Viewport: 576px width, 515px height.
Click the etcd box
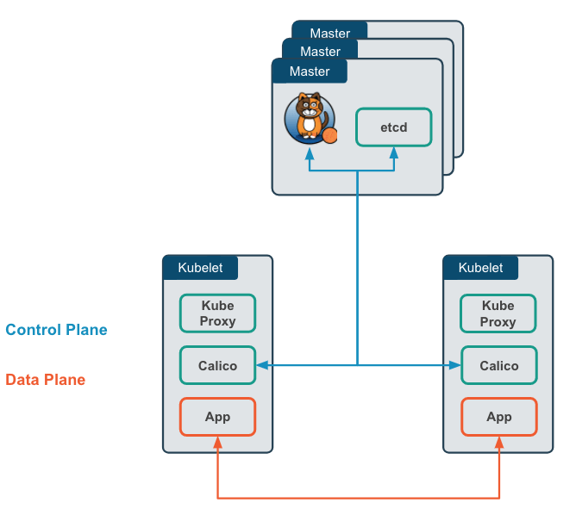pos(393,127)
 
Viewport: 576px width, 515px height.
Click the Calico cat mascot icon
pos(310,118)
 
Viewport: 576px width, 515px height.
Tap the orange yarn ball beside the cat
pos(330,135)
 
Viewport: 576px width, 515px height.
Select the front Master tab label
pos(310,71)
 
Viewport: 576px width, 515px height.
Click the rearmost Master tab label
pos(330,33)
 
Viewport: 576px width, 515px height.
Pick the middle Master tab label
pos(320,52)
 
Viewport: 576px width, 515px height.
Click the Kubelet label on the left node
pos(200,268)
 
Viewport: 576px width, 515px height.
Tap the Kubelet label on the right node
pos(480,268)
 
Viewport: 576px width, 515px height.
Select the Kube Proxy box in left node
pos(217,313)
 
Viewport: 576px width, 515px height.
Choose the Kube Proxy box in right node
pos(498,313)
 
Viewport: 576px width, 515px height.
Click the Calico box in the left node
pos(217,365)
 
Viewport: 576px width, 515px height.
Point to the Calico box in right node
pos(499,365)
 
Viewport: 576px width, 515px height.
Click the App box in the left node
pos(217,417)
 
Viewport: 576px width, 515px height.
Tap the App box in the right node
pos(499,417)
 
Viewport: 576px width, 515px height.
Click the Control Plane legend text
pos(56,330)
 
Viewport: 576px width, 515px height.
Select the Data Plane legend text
pos(45,380)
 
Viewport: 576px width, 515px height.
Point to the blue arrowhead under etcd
pos(394,152)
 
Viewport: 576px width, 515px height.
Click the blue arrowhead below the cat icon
pos(310,153)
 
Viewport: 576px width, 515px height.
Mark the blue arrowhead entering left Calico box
pos(263,365)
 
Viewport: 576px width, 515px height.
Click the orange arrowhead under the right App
pos(499,443)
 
